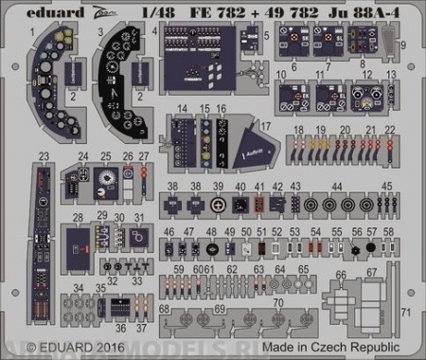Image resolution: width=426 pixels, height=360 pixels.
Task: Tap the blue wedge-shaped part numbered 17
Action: click(x=250, y=142)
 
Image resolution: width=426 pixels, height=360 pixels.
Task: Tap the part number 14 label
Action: click(x=182, y=110)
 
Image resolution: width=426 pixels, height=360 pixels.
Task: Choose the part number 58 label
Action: click(x=388, y=231)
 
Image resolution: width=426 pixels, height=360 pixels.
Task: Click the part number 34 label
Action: click(x=78, y=287)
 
